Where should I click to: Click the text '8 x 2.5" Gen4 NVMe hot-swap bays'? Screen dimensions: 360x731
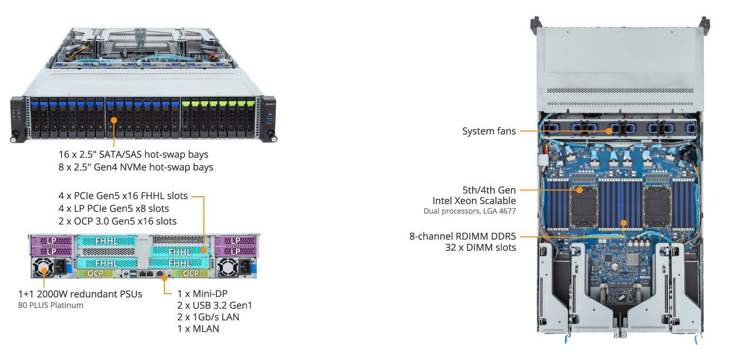point(136,168)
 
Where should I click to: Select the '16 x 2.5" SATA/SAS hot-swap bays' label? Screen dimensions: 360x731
point(133,155)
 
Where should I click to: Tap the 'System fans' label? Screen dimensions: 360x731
point(489,131)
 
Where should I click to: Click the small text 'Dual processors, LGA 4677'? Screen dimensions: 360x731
point(469,211)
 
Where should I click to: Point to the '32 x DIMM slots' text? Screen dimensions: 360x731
point(481,247)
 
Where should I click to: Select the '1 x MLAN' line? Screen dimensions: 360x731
point(198,329)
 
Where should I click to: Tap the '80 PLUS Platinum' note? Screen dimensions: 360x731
point(51,305)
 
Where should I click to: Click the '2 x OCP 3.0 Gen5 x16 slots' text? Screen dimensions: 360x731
point(117,221)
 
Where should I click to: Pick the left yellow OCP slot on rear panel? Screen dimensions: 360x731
point(95,274)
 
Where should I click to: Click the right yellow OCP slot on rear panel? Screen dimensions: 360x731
point(190,274)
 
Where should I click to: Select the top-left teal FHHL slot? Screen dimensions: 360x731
point(107,241)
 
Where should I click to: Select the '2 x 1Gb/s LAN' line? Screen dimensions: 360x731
point(208,317)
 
